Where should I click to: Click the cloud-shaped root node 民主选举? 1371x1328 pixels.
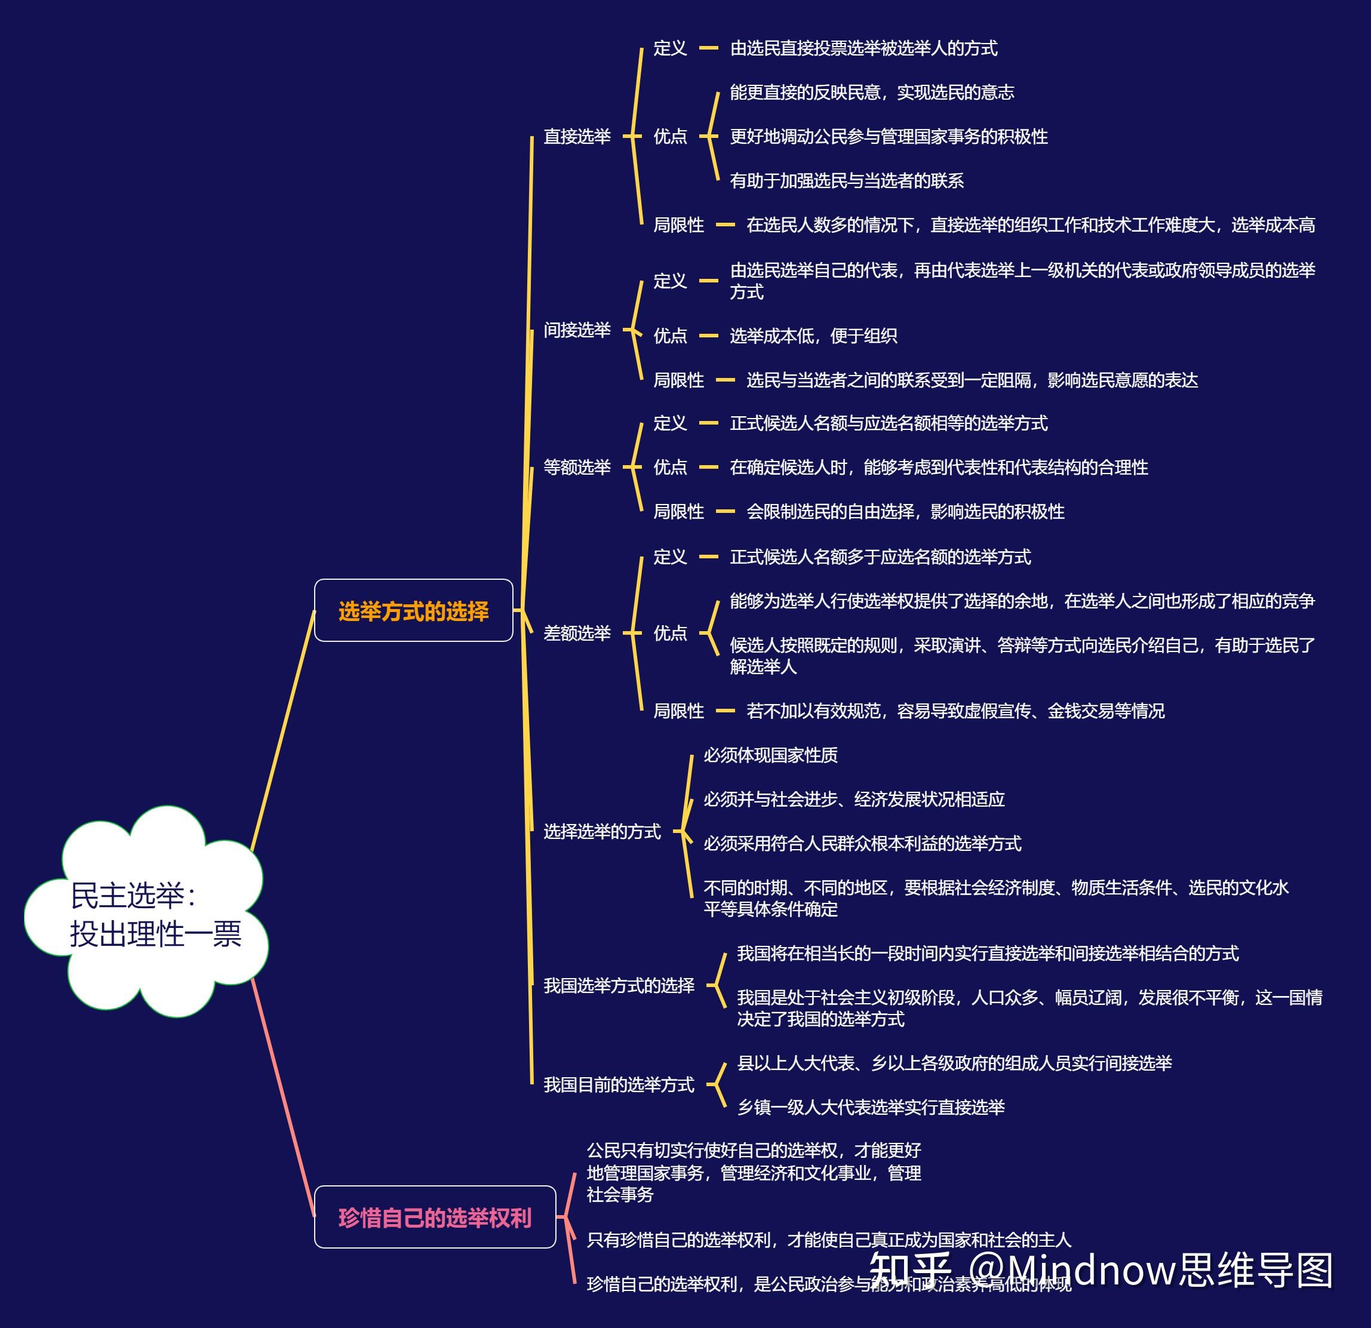147,912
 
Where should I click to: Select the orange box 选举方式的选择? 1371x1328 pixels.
413,610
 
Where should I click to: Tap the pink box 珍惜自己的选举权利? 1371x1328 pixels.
434,1218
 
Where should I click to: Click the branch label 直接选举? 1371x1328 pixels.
577,136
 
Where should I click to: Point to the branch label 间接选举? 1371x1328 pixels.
577,330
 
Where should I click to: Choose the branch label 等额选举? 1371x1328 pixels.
577,466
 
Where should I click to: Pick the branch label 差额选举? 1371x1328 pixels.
577,633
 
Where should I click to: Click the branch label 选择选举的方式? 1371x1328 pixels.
601,831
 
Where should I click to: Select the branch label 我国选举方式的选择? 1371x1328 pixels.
619,985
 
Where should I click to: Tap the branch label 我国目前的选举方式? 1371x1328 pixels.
619,1084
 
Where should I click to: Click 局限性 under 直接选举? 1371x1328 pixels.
678,225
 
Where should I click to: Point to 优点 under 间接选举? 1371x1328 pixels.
669,336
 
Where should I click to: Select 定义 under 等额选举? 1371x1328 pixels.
669,423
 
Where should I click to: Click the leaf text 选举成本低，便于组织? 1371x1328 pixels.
813,336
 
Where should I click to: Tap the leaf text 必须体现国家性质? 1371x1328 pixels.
770,755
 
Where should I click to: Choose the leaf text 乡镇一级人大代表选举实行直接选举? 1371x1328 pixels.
870,1107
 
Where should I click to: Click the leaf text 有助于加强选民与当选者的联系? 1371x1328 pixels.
846,180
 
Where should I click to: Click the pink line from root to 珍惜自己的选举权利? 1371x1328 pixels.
283,1098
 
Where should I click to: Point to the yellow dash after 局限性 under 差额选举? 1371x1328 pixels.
726,711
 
